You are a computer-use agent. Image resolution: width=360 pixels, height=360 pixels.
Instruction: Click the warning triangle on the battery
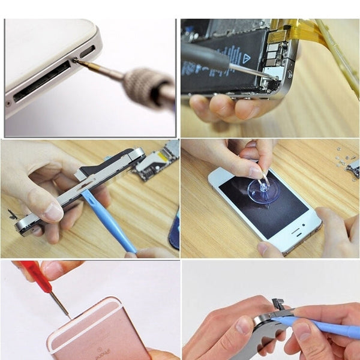pyautogui.click(x=247, y=59)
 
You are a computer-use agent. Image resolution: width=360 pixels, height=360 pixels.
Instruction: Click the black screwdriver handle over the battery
pyautogui.click(x=204, y=57)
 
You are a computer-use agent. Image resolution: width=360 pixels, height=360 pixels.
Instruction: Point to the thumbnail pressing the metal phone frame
pyautogui.click(x=54, y=212)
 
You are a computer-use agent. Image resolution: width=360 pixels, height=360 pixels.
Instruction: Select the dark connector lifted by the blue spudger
pyautogui.click(x=278, y=305)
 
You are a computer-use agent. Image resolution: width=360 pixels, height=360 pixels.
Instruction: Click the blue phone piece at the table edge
pyautogui.click(x=174, y=231)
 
